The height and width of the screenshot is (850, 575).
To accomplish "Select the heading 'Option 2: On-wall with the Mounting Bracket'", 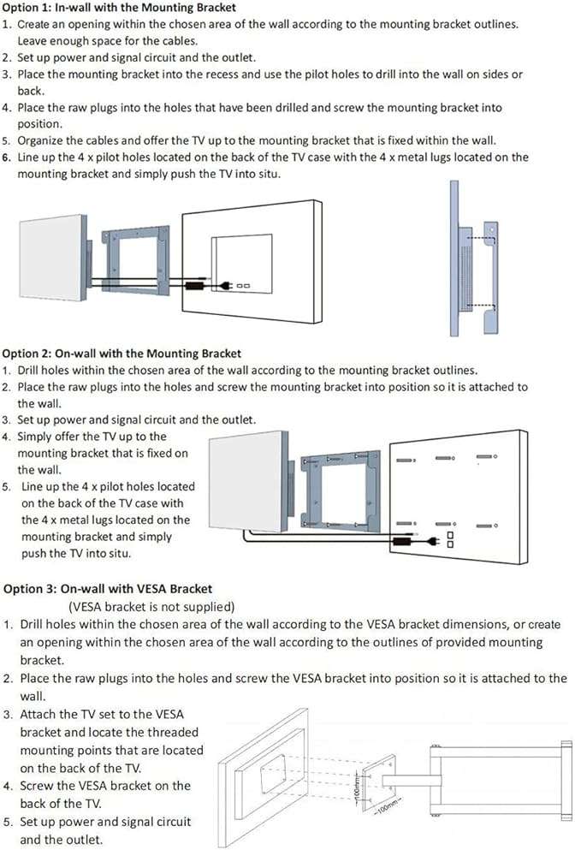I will point(122,354).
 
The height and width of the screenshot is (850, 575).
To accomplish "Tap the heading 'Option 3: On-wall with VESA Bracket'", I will point(108,589).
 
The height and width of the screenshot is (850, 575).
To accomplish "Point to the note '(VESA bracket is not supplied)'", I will point(151,606).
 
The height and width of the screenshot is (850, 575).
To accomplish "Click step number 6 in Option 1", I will point(6,158).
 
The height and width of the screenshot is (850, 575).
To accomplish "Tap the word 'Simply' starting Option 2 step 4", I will point(37,437).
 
